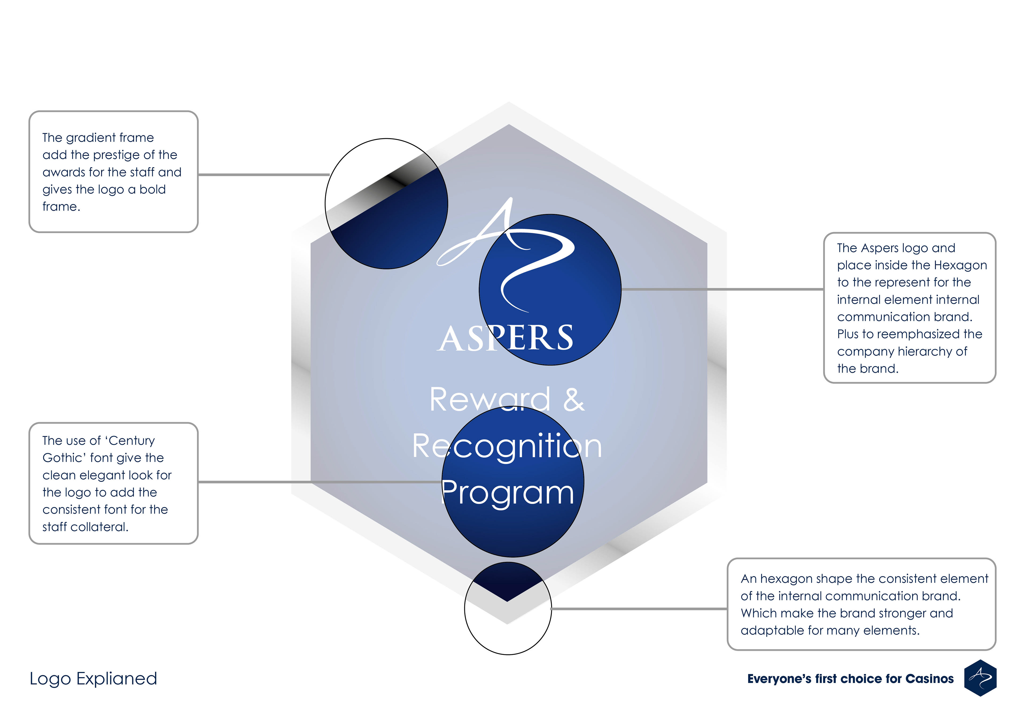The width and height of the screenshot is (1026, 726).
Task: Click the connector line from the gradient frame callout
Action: pyautogui.click(x=264, y=174)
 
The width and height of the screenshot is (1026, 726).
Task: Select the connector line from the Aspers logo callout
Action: pyautogui.click(x=722, y=289)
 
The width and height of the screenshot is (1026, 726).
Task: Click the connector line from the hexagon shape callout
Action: pyautogui.click(x=639, y=609)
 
